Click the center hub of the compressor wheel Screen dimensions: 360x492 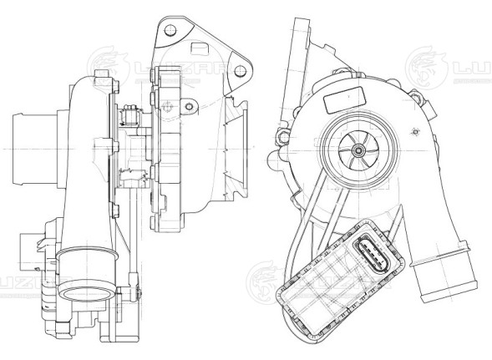click(358, 150)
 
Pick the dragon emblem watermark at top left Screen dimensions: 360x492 click(107, 63)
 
